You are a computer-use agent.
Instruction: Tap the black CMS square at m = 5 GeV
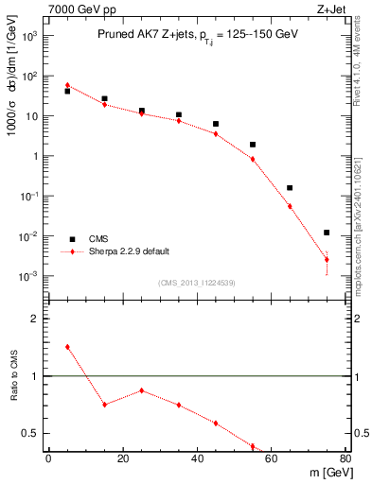67,92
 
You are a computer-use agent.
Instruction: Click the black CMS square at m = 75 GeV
327,233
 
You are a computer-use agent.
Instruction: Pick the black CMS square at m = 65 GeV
290,188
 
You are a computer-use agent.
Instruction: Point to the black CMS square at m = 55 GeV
253,145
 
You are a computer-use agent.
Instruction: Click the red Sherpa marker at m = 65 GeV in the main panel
290,206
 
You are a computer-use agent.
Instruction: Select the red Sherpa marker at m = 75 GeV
327,259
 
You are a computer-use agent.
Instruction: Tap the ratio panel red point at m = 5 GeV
67,347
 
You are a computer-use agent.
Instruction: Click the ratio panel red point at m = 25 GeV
141,390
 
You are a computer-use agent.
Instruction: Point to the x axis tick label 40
197,458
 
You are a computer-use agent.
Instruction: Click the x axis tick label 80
345,458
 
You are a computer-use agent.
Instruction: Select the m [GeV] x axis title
327,474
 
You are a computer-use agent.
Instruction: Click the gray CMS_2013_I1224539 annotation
196,282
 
